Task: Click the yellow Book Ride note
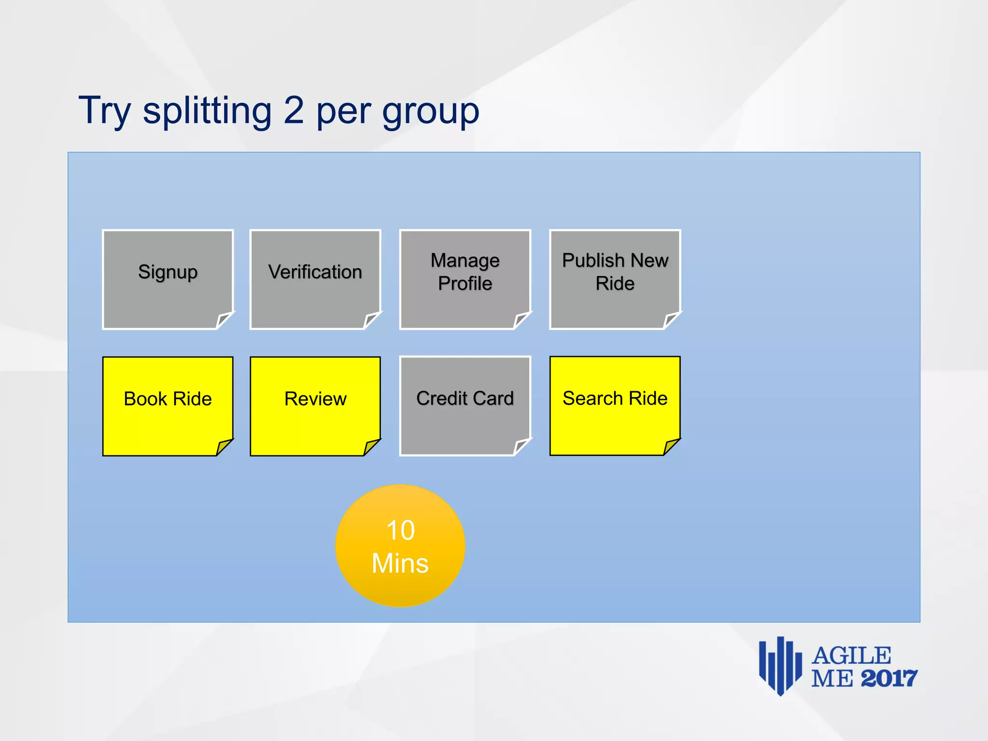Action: (x=167, y=405)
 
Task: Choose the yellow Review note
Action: (x=315, y=405)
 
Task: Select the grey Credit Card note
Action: (x=465, y=405)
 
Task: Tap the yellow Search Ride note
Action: (x=615, y=405)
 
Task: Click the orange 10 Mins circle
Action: (x=400, y=546)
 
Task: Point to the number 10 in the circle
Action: (x=400, y=530)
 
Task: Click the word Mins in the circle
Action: (x=400, y=563)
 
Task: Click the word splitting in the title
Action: (x=207, y=111)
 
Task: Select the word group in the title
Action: (x=430, y=112)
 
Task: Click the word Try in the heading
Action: (x=105, y=111)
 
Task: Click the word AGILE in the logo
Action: (x=851, y=656)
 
